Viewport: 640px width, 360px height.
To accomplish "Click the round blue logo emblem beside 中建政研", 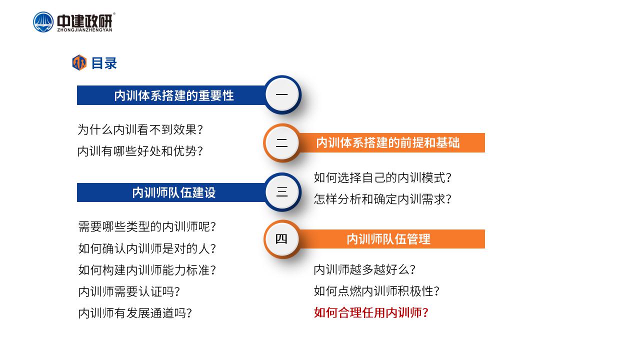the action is pyautogui.click(x=43, y=22).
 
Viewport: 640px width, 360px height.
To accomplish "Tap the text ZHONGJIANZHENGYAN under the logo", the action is pyautogui.click(x=84, y=29).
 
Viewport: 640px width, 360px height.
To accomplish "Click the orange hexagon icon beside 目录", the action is pyautogui.click(x=79, y=62).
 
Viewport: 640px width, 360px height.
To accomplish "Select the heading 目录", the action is pyautogui.click(x=104, y=63).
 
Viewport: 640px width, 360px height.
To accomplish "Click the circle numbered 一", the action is pyautogui.click(x=282, y=94).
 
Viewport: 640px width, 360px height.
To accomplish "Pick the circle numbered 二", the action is pyautogui.click(x=282, y=142).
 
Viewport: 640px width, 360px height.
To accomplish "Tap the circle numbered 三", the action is pyautogui.click(x=282, y=191).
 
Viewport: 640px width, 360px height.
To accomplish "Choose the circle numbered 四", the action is pyautogui.click(x=282, y=239).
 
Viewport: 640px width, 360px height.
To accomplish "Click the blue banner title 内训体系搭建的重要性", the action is pyautogui.click(x=174, y=95).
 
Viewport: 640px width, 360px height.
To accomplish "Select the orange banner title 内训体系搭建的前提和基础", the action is pyautogui.click(x=388, y=142).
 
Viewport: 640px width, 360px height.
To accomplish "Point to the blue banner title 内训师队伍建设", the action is pyautogui.click(x=174, y=192).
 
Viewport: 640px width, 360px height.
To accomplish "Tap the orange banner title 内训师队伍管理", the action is pyautogui.click(x=388, y=239).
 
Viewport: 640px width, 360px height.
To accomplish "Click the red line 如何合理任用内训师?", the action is pyautogui.click(x=371, y=312).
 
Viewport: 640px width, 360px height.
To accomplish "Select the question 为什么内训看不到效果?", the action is pyautogui.click(x=140, y=129).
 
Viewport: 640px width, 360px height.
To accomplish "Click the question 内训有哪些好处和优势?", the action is pyautogui.click(x=140, y=151).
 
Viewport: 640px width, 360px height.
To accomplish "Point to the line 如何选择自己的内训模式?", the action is pyautogui.click(x=382, y=177).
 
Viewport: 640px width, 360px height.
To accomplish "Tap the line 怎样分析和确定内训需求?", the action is pyautogui.click(x=382, y=199).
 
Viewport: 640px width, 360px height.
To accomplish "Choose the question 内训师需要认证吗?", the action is pyautogui.click(x=129, y=291).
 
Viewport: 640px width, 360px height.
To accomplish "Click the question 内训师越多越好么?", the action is pyautogui.click(x=364, y=269).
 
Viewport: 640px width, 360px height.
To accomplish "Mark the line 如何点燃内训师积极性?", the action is pyautogui.click(x=376, y=291).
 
